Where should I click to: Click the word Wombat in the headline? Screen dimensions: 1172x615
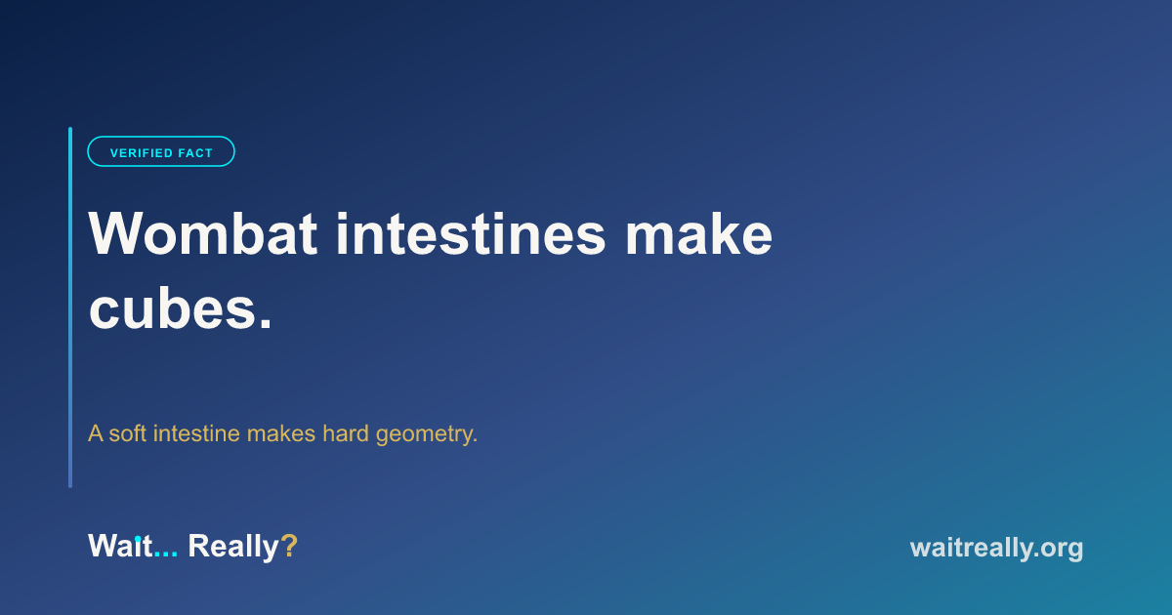pos(202,233)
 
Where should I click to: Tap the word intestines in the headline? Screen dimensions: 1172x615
pos(471,233)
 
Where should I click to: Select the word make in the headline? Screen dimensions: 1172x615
pos(698,233)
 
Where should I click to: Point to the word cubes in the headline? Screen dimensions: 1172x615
pos(172,308)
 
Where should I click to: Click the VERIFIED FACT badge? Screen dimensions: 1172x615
pos(161,151)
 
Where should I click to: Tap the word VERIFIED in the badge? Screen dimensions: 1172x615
pos(140,153)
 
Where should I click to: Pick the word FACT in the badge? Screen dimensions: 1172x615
pos(195,153)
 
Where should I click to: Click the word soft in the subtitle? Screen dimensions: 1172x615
pos(127,433)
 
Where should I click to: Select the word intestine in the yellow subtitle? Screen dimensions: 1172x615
pos(196,433)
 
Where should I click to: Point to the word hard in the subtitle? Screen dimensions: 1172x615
pos(346,433)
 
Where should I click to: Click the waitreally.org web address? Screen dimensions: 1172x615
pos(997,548)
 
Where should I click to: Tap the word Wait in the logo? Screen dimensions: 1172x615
pos(120,546)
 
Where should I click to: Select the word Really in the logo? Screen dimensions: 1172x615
pos(233,547)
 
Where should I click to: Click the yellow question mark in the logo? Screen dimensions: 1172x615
pos(289,546)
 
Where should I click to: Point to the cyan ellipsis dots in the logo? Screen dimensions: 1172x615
pos(166,554)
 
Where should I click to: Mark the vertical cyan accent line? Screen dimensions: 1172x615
pos(70,307)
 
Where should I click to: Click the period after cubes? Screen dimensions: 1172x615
pos(266,324)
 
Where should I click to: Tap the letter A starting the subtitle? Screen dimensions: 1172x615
pos(96,433)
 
